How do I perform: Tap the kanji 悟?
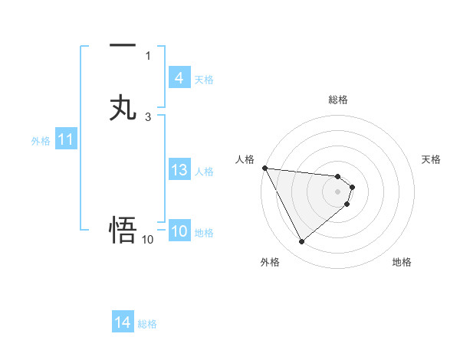tap(123, 229)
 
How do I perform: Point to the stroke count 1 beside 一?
tap(148, 55)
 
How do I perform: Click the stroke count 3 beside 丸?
tap(148, 116)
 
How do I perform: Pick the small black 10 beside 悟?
tap(148, 240)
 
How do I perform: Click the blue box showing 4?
tap(179, 78)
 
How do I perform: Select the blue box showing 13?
tap(179, 170)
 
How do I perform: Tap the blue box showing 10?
tap(179, 231)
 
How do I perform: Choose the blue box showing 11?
tap(66, 140)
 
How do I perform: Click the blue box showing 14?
tap(123, 322)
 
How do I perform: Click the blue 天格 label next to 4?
tap(204, 80)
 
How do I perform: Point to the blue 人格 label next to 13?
tap(204, 172)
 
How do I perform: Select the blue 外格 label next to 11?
tap(41, 141)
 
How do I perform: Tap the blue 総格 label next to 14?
tap(147, 324)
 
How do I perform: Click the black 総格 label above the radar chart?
tap(338, 100)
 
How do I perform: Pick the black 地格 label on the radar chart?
tap(402, 262)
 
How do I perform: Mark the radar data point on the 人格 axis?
tap(264, 168)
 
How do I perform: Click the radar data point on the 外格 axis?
tap(301, 242)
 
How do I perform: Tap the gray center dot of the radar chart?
tap(338, 191)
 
